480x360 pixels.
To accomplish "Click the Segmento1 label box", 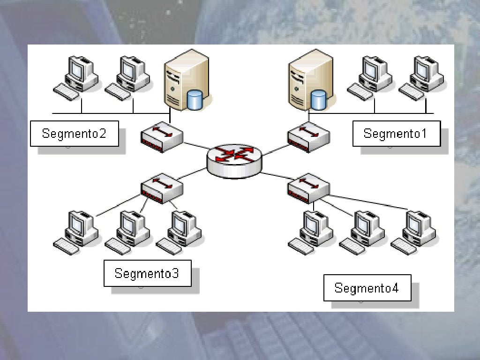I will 396,134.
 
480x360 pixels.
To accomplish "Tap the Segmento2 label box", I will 75,134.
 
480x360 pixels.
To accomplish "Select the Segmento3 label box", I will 147,273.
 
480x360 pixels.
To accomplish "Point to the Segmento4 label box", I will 367,288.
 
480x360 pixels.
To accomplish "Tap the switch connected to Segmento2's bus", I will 162,137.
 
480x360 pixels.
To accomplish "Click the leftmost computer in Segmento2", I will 77,77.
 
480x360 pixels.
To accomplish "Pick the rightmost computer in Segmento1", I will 422,77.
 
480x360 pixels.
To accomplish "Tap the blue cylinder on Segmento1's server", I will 318,99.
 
